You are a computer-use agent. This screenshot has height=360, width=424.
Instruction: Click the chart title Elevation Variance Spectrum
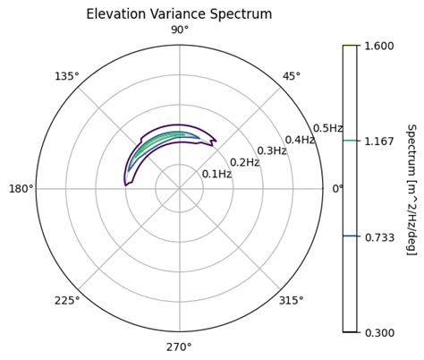click(x=179, y=14)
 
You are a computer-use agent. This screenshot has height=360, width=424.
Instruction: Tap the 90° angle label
click(x=179, y=31)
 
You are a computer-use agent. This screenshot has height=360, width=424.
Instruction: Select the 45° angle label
click(x=291, y=77)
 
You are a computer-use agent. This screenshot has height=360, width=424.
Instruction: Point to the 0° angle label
click(x=337, y=189)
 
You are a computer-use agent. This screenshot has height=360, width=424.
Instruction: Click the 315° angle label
click(x=293, y=301)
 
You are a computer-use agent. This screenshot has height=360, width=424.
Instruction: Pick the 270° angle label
click(x=179, y=347)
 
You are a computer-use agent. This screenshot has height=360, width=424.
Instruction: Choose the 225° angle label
click(x=67, y=301)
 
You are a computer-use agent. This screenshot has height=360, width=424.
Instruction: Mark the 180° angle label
click(x=21, y=189)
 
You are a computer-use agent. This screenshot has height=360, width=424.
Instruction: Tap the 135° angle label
click(x=67, y=77)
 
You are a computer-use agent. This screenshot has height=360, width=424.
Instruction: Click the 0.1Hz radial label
click(x=216, y=174)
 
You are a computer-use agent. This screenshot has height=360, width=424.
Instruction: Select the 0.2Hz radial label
click(x=244, y=162)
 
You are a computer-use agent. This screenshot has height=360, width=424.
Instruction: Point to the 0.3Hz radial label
click(x=272, y=150)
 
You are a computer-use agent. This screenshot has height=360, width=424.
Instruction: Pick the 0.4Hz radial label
click(x=300, y=140)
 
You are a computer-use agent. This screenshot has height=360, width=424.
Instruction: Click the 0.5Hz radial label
click(x=327, y=128)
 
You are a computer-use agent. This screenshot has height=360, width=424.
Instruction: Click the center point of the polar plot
click(x=179, y=189)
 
